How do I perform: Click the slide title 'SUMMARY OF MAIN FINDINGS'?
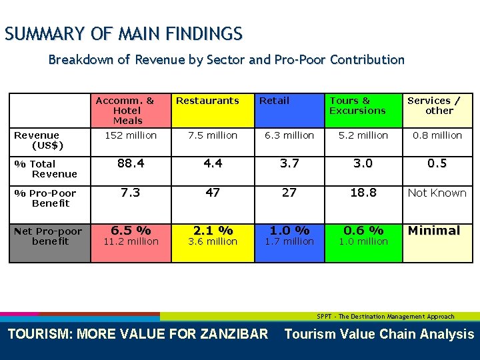(x=123, y=33)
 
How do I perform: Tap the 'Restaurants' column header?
(x=207, y=101)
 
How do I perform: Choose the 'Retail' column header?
(x=274, y=101)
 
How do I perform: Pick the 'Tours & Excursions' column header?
(x=358, y=105)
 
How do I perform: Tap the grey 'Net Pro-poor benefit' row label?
(x=49, y=236)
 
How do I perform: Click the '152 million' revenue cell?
(x=131, y=135)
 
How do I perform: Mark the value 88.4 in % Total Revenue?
(x=131, y=163)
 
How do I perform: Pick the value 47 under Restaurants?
(x=213, y=193)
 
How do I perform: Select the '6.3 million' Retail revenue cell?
(x=289, y=135)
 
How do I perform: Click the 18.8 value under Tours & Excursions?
(x=363, y=193)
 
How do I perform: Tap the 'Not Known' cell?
(x=437, y=193)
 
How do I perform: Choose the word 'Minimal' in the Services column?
(x=434, y=231)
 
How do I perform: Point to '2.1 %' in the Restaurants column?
(x=213, y=231)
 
